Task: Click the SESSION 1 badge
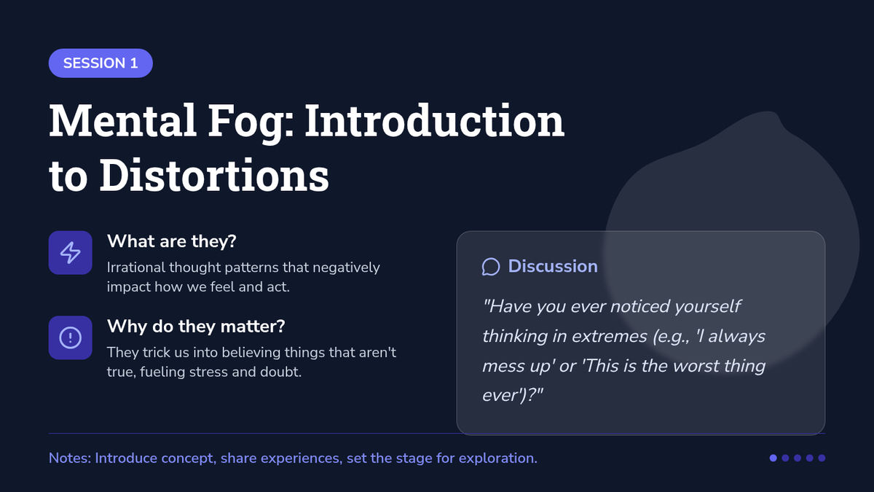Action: point(101,63)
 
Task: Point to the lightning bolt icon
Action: point(70,253)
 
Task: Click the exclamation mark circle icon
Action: point(70,337)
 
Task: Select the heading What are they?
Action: point(172,241)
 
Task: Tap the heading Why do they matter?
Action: point(196,327)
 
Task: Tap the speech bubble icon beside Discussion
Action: point(491,267)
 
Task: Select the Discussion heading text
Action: point(553,266)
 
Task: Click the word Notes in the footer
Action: point(69,458)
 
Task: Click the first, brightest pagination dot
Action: point(773,458)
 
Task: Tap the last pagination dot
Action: point(822,458)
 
